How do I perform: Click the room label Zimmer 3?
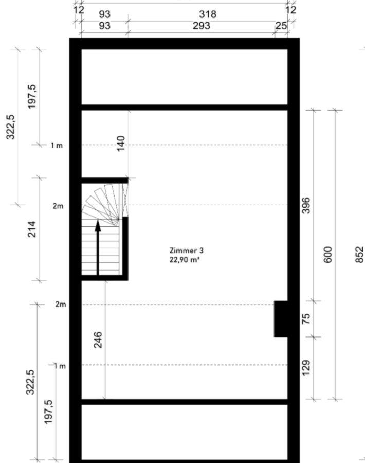(x=186, y=251)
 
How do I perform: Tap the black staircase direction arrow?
(x=98, y=247)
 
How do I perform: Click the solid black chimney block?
(x=281, y=319)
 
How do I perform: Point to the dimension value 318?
(x=208, y=14)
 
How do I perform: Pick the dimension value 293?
(x=202, y=26)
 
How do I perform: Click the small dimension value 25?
(x=281, y=26)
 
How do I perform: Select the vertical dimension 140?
(x=121, y=143)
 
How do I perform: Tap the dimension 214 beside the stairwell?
(x=31, y=229)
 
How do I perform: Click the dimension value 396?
(x=306, y=205)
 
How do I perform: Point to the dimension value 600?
(x=328, y=255)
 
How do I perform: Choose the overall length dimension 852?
(x=359, y=255)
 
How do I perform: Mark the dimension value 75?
(x=306, y=319)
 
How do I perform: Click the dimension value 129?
(x=306, y=368)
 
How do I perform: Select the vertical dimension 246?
(x=98, y=340)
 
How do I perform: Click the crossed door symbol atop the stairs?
(x=125, y=200)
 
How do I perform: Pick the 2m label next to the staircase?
(x=58, y=206)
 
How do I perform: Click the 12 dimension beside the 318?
(x=291, y=10)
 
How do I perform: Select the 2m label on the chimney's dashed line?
(x=61, y=304)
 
